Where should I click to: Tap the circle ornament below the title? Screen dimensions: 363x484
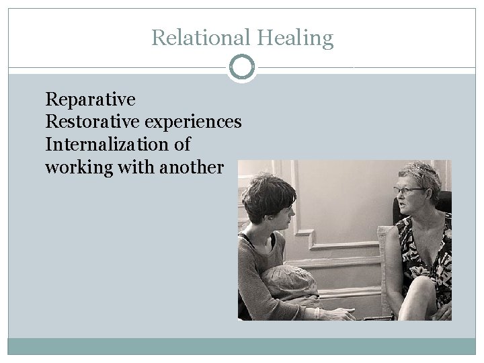pos(242,67)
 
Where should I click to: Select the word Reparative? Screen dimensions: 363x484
pos(90,100)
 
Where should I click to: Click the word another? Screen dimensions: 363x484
pos(192,167)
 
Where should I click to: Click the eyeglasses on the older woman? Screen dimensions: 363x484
pos(407,191)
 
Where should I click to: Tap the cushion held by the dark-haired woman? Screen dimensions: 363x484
pos(290,282)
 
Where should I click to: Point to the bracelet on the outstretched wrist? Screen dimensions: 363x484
pos(317,312)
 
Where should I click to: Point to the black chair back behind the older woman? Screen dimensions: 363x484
pos(444,202)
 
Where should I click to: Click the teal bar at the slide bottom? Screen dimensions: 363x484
pos(242,346)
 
